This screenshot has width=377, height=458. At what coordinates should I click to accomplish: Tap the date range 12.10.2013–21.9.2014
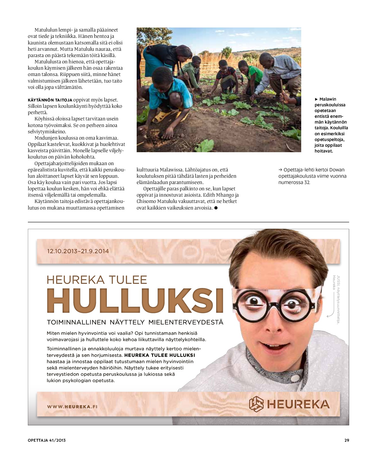point(78,251)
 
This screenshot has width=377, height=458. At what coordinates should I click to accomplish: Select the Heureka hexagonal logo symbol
point(256,404)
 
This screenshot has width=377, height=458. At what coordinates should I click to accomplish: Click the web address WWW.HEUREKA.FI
point(72,406)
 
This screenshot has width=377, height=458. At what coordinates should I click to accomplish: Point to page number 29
point(347,440)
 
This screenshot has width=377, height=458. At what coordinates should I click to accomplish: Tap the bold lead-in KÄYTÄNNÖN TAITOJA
point(50,100)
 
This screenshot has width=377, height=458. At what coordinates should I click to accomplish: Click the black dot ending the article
point(216,208)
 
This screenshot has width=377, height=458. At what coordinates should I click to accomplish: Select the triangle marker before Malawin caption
point(316,99)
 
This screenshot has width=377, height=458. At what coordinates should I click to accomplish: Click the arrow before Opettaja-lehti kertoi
point(280,170)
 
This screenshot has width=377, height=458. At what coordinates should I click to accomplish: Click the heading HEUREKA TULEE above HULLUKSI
point(97,280)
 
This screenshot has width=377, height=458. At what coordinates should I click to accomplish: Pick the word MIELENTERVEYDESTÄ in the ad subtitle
point(185,322)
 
